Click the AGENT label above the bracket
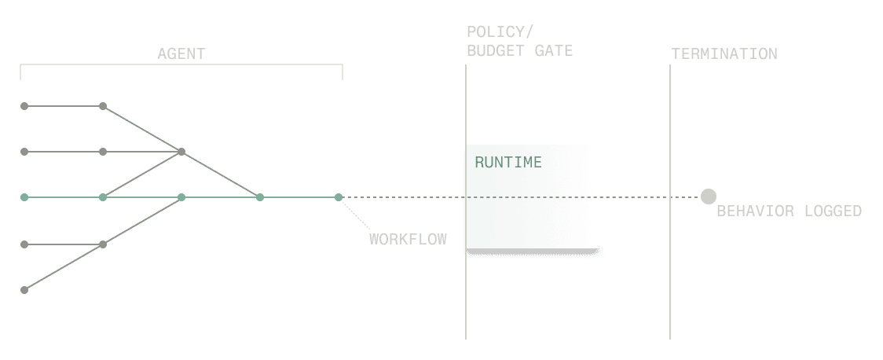tap(181, 54)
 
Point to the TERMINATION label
tap(724, 54)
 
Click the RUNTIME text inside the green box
tap(508, 163)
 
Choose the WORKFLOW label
tap(408, 239)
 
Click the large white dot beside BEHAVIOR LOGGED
tap(709, 197)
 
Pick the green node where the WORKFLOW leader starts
tap(339, 197)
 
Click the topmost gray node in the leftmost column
tap(24, 105)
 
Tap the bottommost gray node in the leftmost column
tap(24, 290)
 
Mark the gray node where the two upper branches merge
tap(181, 152)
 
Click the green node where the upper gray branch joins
tap(260, 197)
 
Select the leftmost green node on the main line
tap(24, 197)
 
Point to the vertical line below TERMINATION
tap(670, 275)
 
